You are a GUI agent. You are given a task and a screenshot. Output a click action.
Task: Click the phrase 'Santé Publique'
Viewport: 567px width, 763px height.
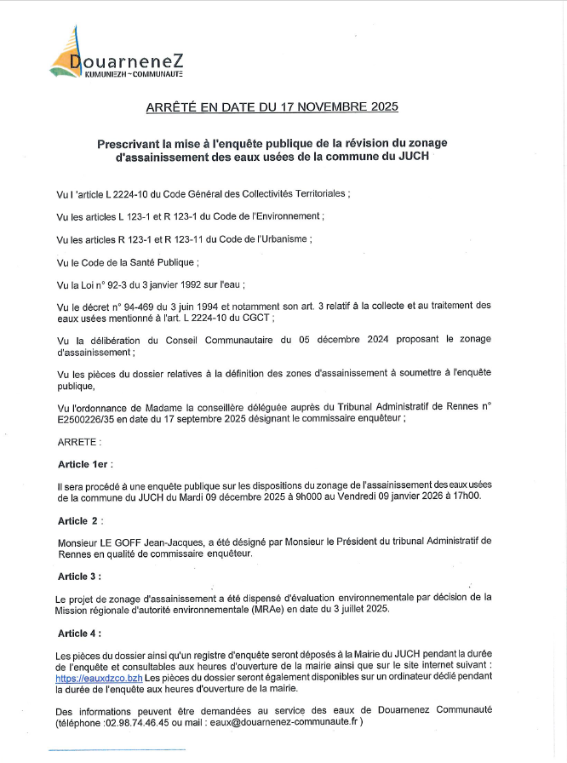point(162,262)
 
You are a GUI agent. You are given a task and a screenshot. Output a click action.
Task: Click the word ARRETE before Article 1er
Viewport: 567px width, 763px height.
point(78,442)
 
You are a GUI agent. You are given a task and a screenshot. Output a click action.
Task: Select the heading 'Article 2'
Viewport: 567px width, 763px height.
point(80,519)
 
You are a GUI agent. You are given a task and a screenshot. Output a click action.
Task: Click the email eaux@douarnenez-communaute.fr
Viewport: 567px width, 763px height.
point(289,722)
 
